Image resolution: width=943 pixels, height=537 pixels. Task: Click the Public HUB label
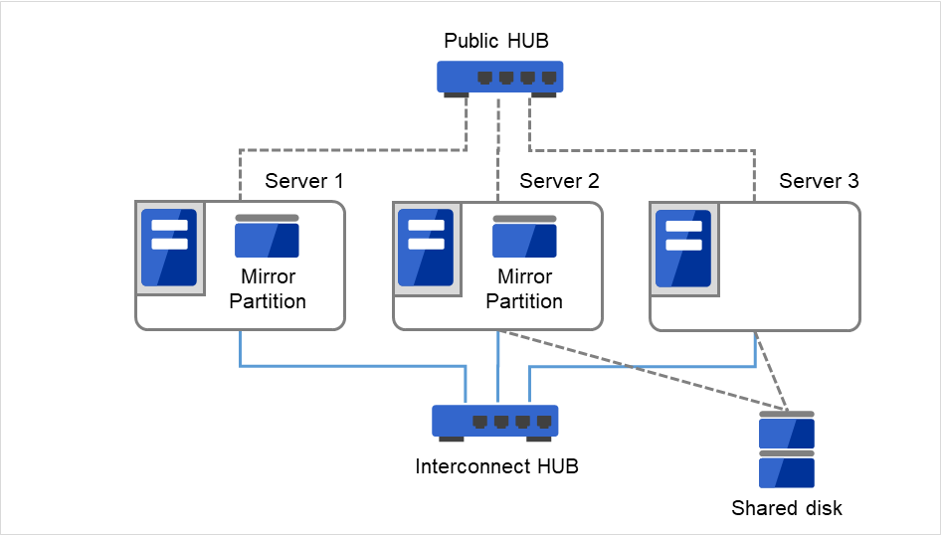[x=496, y=41]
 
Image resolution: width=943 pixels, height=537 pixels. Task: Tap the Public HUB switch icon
[x=499, y=78]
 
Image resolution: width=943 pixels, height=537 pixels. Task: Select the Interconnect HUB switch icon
[x=495, y=421]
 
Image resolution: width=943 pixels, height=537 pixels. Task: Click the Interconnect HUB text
[x=496, y=466]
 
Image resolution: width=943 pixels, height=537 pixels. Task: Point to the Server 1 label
[x=303, y=181]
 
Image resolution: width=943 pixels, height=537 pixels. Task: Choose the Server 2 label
[x=559, y=181]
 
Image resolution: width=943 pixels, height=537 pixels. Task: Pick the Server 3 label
[x=819, y=181]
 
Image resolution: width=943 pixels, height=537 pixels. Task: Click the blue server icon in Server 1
[x=168, y=248]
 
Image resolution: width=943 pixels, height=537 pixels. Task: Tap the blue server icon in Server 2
[x=426, y=248]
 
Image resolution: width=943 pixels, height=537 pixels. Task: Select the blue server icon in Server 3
[x=683, y=248]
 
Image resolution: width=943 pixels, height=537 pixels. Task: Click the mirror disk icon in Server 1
[x=267, y=238]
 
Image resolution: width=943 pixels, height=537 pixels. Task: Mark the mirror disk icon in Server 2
[x=524, y=238]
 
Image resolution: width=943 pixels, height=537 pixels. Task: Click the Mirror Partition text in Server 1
[x=267, y=288]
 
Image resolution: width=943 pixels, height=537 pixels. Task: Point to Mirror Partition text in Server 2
[x=524, y=288]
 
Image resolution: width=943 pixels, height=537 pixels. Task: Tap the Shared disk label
[x=786, y=508]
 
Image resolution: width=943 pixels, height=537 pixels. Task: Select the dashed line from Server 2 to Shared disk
[x=647, y=370]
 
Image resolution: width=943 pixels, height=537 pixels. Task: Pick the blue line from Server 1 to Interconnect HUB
[x=348, y=366]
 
